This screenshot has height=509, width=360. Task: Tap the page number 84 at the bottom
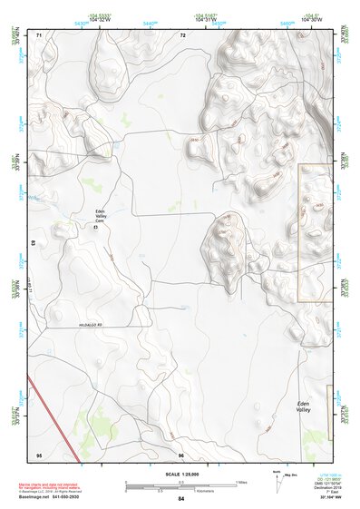(x=181, y=499)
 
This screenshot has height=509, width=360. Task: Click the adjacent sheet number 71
(x=39, y=34)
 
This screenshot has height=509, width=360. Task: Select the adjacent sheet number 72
(x=182, y=34)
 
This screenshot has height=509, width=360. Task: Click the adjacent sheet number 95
(x=39, y=455)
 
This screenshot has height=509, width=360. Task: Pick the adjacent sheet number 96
(x=181, y=455)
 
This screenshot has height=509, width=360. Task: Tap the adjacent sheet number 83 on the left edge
(x=34, y=244)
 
